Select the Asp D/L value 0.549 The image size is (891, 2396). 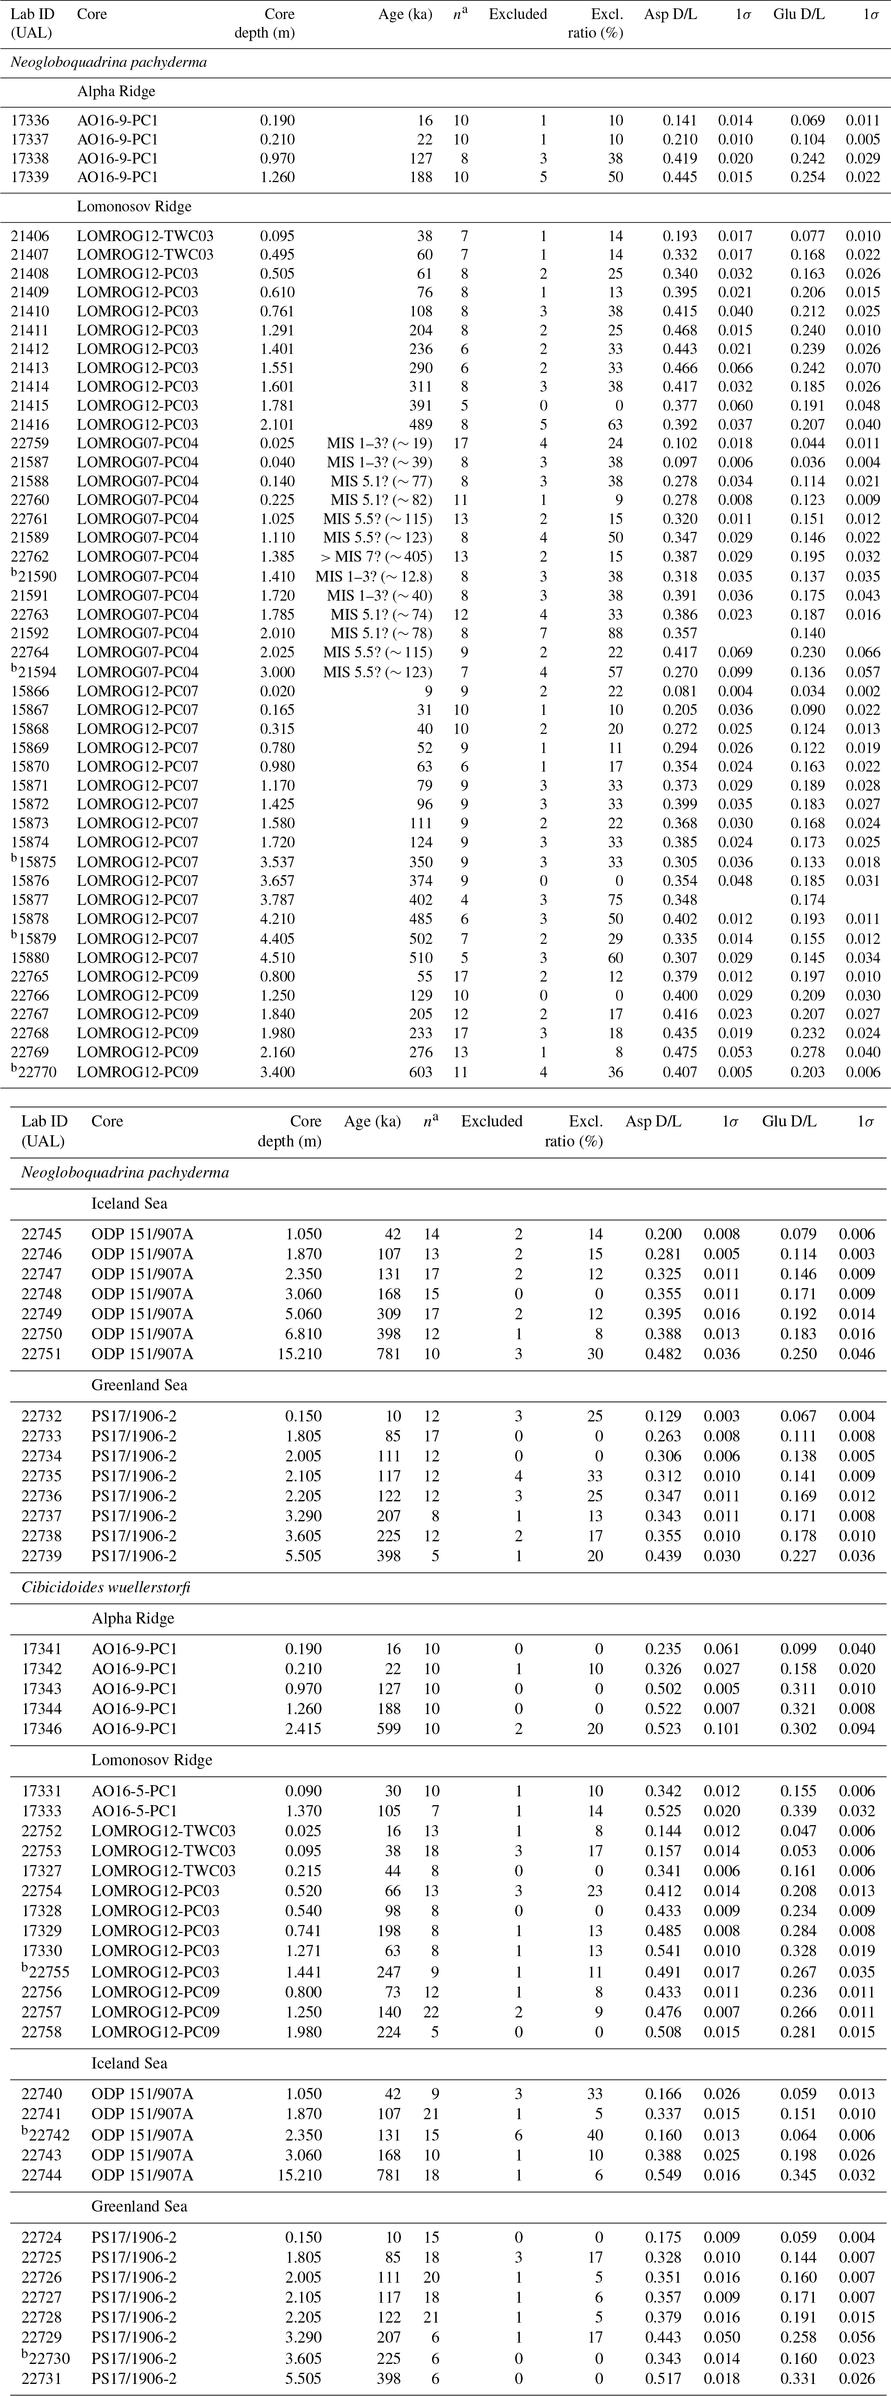click(x=663, y=2175)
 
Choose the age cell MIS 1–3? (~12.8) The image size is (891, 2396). click(x=374, y=576)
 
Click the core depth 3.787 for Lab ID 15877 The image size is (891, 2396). click(x=276, y=899)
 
